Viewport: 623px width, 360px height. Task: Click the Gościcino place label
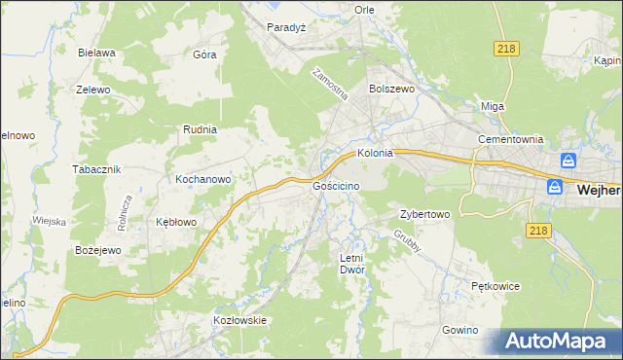tap(337, 185)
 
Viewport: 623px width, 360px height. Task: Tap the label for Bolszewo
tap(391, 88)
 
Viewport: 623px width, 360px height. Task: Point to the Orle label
tap(364, 10)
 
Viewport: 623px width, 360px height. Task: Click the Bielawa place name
tap(98, 53)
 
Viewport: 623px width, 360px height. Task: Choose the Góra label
tap(204, 54)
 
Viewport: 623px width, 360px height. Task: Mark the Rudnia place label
tap(200, 128)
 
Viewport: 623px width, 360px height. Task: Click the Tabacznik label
tap(96, 168)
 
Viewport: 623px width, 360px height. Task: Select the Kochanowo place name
tap(202, 179)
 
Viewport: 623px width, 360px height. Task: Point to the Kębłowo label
tap(176, 222)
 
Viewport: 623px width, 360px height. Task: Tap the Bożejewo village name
tap(97, 250)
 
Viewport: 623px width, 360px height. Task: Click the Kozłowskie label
tap(239, 320)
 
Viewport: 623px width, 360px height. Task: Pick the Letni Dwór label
tap(351, 264)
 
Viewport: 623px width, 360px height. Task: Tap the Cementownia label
tap(509, 139)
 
